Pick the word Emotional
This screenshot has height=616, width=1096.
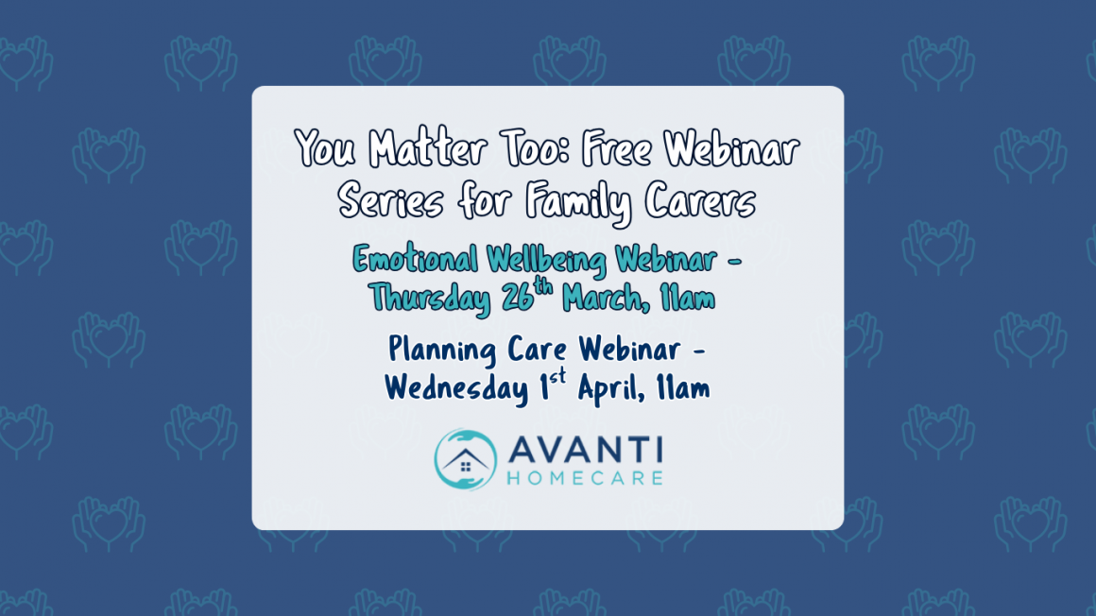point(416,258)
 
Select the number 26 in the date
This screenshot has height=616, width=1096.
point(518,299)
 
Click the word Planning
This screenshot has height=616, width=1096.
point(443,351)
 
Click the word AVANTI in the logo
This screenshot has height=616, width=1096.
point(585,451)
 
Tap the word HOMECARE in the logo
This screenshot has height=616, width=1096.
point(585,478)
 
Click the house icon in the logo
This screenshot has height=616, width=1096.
point(465,461)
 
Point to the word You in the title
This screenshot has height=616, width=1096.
point(326,150)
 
